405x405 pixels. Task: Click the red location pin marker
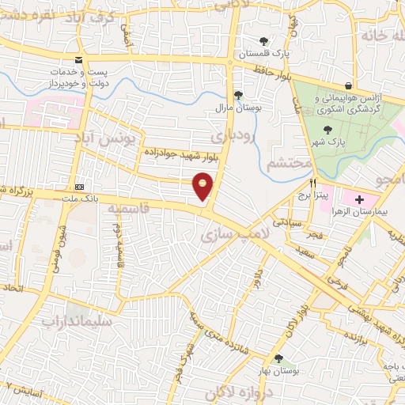[x=203, y=187]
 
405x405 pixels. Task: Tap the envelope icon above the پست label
[x=78, y=59]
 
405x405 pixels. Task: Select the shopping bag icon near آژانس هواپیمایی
[x=348, y=85]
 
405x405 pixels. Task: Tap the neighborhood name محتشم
[x=286, y=164]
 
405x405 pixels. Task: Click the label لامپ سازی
[x=229, y=235]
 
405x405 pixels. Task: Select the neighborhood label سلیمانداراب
[x=78, y=322]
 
